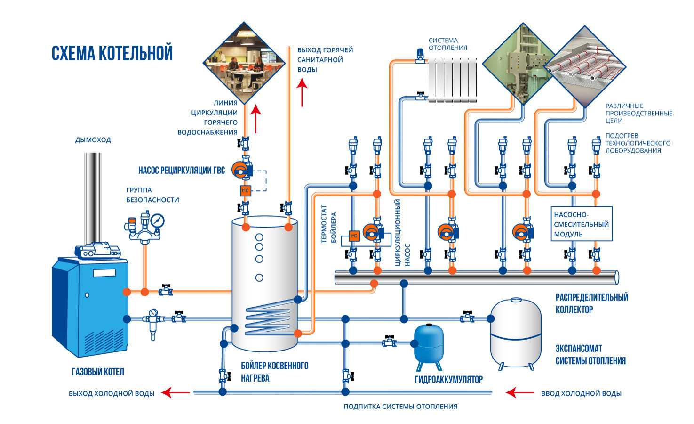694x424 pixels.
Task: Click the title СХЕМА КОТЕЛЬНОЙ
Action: [112, 53]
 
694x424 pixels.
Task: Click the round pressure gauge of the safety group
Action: [158, 220]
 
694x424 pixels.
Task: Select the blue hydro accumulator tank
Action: [429, 347]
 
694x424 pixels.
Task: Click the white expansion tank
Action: [516, 334]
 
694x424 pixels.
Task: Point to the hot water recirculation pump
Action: [242, 169]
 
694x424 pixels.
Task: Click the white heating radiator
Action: [453, 80]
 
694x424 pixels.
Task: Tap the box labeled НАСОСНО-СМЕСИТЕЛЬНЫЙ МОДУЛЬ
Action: [582, 224]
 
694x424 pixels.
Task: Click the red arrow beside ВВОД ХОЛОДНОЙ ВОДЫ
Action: [520, 393]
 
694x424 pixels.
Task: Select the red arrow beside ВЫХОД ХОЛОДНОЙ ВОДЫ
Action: [175, 393]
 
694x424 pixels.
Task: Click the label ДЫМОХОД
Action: [93, 140]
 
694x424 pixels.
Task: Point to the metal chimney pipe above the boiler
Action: [93, 198]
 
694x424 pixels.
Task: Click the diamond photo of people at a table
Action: [244, 63]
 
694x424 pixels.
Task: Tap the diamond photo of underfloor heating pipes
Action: [585, 67]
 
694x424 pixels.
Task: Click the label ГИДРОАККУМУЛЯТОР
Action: [448, 379]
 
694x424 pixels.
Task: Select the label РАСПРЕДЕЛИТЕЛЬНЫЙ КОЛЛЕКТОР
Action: [592, 303]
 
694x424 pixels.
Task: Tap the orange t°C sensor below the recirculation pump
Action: [245, 190]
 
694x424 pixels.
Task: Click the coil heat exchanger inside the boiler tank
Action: [268, 319]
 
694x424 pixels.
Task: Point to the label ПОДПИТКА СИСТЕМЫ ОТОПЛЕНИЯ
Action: [400, 406]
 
